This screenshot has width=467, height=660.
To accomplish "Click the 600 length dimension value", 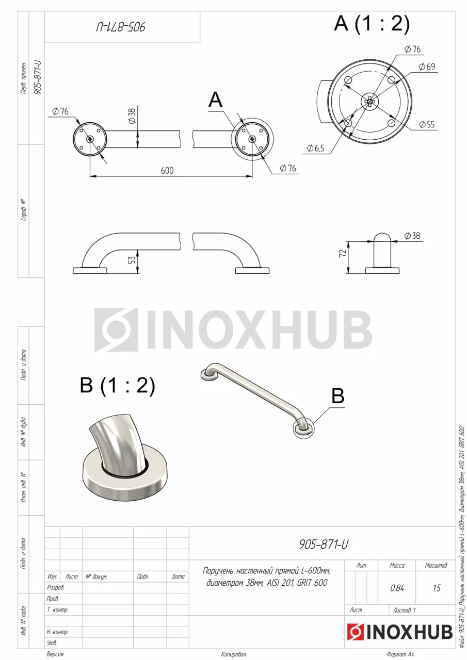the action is tap(167, 171).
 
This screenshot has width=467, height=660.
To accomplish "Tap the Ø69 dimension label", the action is tap(427, 67).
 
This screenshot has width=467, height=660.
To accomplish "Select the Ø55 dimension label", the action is tap(427, 124).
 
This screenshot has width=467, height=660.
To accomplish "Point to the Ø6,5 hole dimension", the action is tap(315, 148).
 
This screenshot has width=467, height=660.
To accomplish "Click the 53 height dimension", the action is tap(133, 260).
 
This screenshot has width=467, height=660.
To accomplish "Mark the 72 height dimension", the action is tap(343, 253).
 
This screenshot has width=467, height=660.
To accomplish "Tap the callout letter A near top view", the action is tap(216, 100).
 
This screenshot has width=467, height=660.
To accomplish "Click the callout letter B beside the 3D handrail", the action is tap(338, 395).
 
